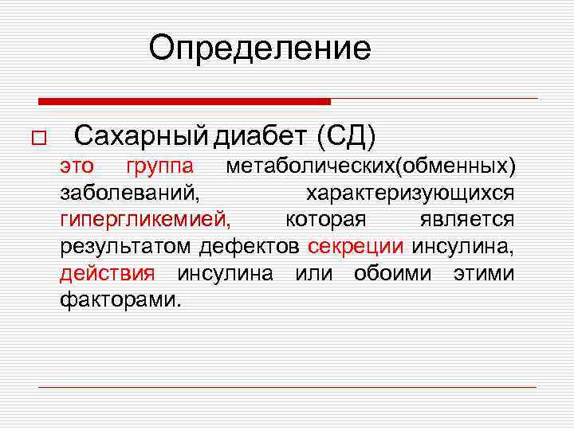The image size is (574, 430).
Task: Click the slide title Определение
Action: point(260,49)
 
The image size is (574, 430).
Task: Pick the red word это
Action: point(77,166)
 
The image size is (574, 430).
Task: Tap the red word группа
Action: point(159,166)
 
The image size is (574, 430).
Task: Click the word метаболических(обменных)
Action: point(371,166)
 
